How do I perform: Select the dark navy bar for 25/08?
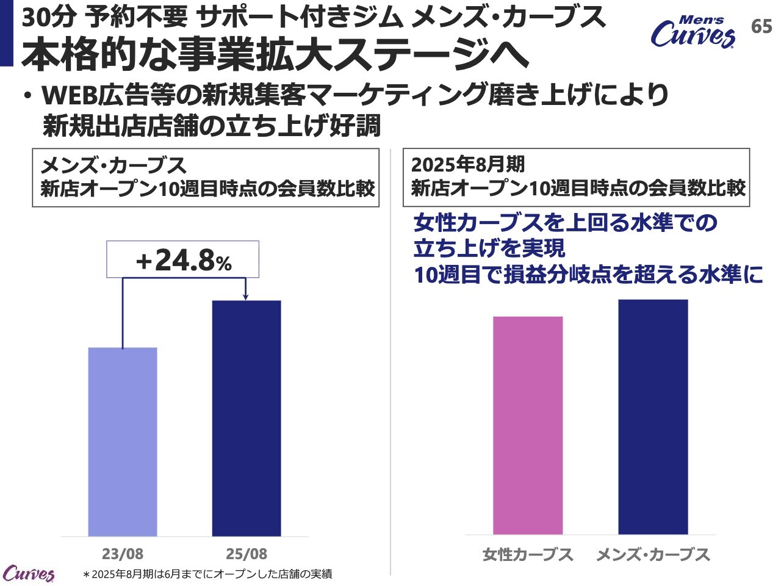pos(247,418)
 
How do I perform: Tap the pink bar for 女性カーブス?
pos(527,425)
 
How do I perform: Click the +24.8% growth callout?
pos(183,261)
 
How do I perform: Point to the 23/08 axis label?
pos(123,554)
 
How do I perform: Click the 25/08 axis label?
pos(247,554)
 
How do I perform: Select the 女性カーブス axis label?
pos(528,555)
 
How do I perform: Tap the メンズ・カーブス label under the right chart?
pos(653,555)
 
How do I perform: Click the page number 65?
pos(761,27)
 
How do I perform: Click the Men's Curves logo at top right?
pos(693,32)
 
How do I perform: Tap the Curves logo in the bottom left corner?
pos(29,574)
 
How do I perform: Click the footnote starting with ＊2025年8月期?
pos(207,574)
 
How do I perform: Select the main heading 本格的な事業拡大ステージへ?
pos(275,55)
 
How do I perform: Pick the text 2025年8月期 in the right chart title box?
pos(468,165)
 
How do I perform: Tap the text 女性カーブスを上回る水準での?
pos(565,222)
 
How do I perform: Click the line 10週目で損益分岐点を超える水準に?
pos(588,275)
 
